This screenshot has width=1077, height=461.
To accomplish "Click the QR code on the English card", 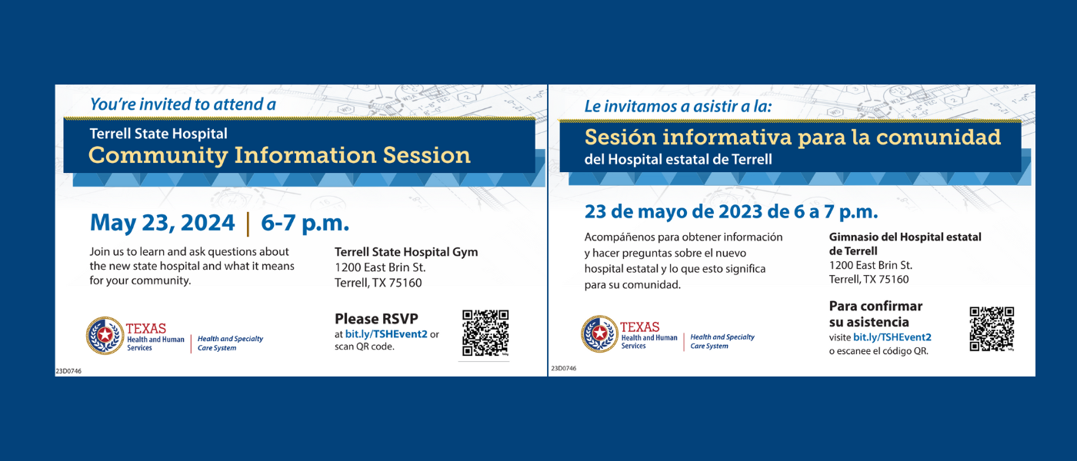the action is [x=485, y=333].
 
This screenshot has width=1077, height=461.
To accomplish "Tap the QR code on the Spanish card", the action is [x=992, y=329].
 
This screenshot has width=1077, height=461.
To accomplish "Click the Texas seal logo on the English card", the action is [x=105, y=335].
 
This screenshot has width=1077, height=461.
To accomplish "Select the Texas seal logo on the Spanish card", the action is [x=599, y=333].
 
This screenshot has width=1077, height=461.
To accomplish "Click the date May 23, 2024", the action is [x=162, y=223].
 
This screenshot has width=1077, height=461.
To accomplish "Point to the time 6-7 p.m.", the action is [x=305, y=223].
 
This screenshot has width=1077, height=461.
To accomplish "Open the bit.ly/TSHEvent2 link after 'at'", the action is [x=386, y=334].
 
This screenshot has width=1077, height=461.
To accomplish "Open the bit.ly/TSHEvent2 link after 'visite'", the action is [x=892, y=337].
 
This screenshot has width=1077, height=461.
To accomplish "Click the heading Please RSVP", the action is [x=376, y=318].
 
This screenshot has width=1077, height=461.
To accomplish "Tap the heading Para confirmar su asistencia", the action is [x=875, y=313].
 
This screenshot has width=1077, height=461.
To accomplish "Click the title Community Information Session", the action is [x=279, y=155].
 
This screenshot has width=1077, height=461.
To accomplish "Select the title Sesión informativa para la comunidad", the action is [x=792, y=137].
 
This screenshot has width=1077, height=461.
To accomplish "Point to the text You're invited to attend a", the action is [x=183, y=104].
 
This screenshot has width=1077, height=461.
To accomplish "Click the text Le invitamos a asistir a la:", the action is [x=678, y=106].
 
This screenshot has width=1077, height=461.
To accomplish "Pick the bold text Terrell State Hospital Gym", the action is [x=406, y=252].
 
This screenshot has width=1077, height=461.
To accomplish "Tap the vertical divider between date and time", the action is [x=248, y=224].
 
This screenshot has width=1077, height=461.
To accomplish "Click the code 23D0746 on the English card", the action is [x=68, y=371].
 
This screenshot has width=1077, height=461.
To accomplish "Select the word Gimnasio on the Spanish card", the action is [x=853, y=237].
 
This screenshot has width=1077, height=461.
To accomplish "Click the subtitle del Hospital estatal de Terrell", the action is [x=678, y=160].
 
